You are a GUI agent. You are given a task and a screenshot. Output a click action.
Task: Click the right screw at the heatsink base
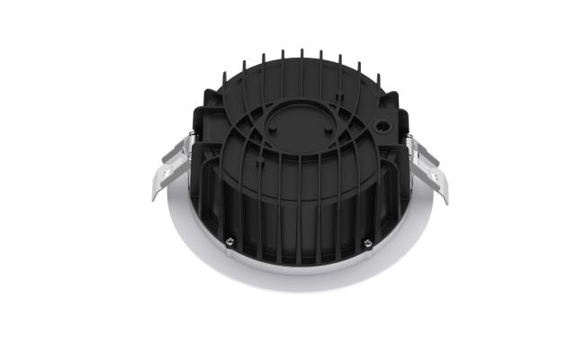tap(367, 242)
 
